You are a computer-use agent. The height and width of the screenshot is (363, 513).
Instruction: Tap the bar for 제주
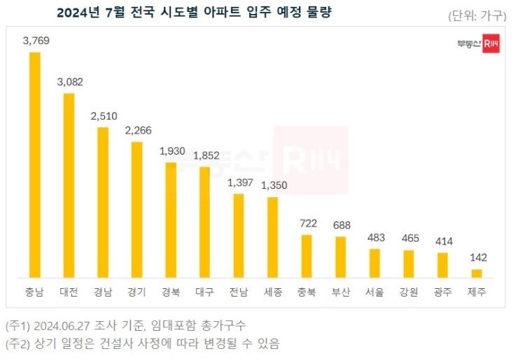477,273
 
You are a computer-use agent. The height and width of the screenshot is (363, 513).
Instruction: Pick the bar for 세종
272,237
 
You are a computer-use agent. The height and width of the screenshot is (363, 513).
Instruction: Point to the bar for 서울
374,263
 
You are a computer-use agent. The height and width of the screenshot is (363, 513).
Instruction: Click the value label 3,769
35,41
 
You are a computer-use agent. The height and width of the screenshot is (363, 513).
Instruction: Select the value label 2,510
103,115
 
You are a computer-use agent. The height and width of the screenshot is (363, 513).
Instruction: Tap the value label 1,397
239,182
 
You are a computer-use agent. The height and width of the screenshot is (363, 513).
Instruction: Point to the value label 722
307,223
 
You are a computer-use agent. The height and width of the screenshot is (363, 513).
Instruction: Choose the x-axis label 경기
136,292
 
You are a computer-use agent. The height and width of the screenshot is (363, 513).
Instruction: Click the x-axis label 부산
341,292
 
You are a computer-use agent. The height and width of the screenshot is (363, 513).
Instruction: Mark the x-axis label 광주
442,292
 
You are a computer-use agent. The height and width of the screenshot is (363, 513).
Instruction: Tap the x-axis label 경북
171,292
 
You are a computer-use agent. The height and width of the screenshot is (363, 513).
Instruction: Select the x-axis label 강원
409,292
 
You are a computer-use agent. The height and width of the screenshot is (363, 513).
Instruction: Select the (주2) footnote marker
17,343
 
